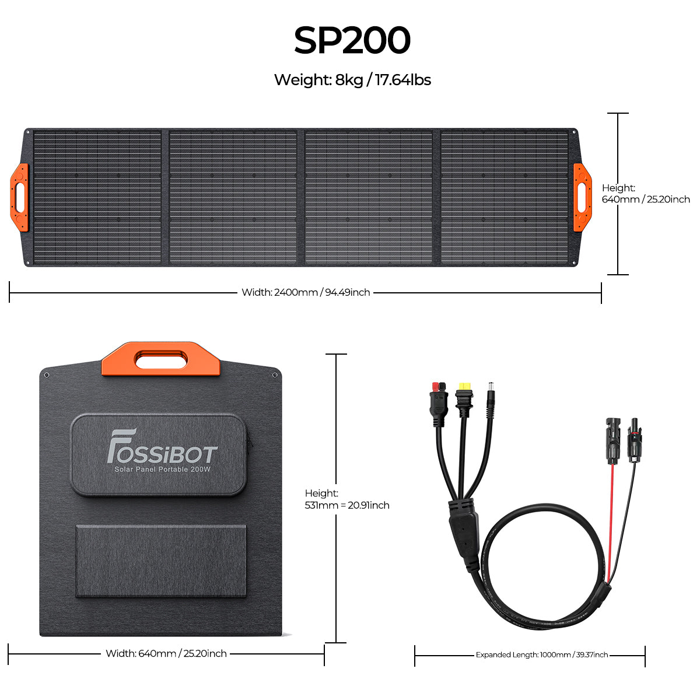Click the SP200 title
(352, 40)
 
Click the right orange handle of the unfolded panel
(582, 197)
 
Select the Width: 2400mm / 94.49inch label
(306, 292)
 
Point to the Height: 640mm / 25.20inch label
(646, 194)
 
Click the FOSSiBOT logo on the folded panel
(162, 446)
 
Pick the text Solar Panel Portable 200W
(162, 470)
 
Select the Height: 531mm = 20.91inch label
(347, 499)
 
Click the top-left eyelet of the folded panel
(46, 375)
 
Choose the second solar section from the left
(233, 197)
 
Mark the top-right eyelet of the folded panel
(275, 375)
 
